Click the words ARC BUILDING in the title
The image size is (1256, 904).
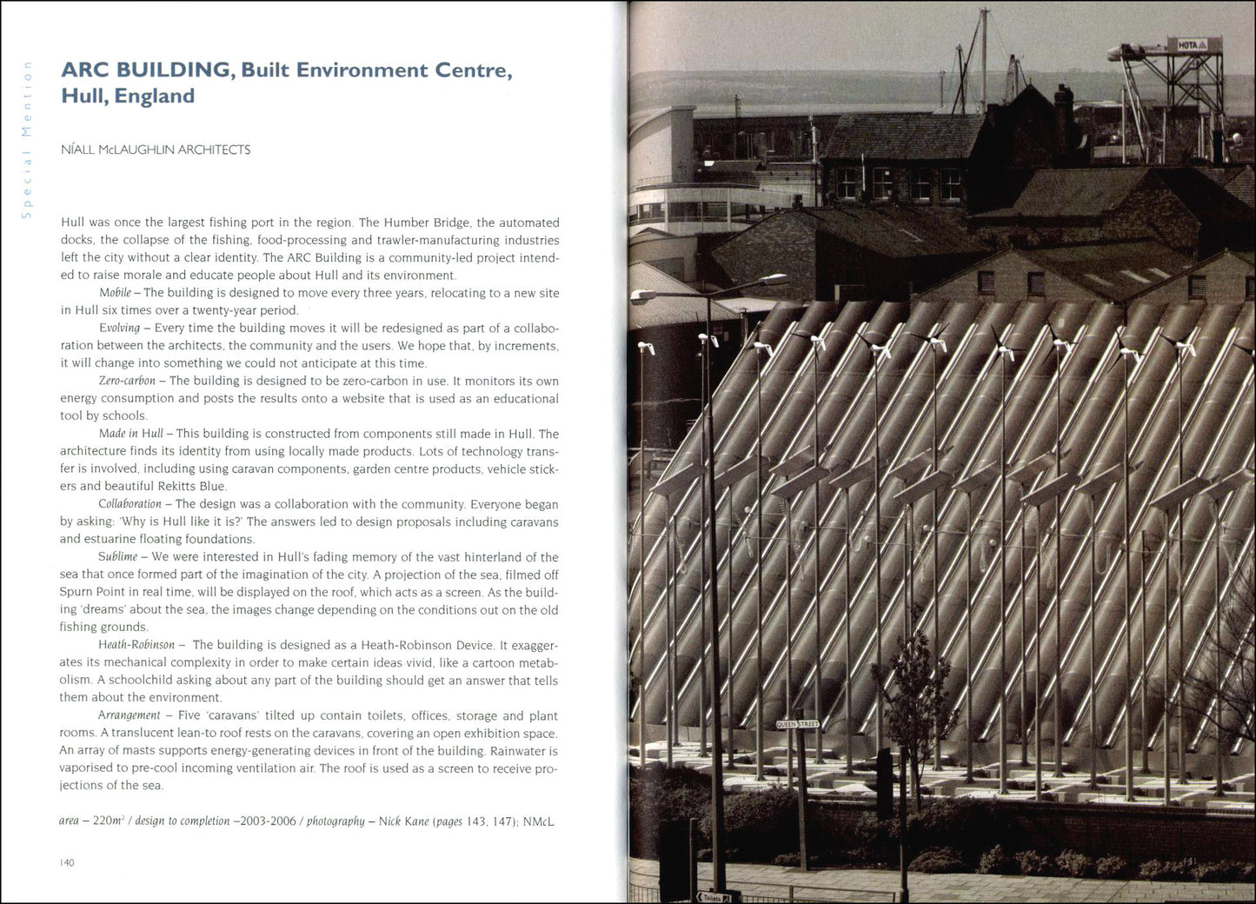pos(145,70)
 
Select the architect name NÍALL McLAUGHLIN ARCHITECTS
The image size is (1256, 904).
pos(156,150)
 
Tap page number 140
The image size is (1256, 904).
pos(67,862)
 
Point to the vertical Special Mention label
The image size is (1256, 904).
pos(27,139)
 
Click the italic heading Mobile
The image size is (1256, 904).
pos(115,293)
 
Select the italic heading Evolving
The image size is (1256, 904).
pos(119,328)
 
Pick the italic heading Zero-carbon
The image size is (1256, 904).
pos(127,381)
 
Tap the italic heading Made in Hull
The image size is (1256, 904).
pos(130,434)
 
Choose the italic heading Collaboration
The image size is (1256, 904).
pos(130,504)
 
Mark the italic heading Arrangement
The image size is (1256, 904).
pos(130,715)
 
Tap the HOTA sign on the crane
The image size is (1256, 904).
pos(1187,44)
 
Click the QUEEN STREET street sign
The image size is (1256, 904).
pos(796,723)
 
